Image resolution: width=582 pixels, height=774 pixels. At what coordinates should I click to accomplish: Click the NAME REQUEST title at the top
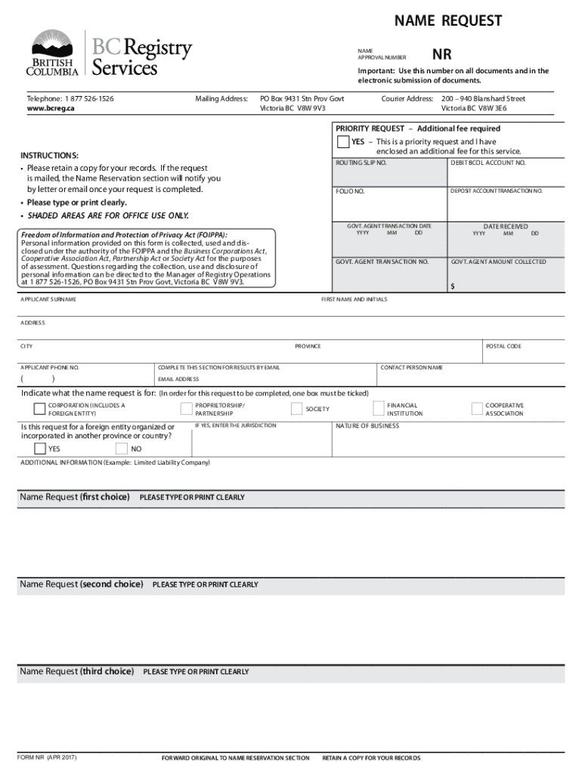click(x=447, y=21)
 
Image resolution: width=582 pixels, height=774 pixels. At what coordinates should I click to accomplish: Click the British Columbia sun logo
click(x=52, y=45)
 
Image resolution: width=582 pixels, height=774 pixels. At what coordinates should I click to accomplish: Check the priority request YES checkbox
click(x=342, y=142)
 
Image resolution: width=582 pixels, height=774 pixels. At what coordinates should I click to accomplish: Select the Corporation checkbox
click(x=39, y=409)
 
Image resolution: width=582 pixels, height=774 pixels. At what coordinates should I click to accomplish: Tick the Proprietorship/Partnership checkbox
click(x=186, y=409)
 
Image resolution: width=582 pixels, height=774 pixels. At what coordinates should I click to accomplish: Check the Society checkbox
click(x=297, y=409)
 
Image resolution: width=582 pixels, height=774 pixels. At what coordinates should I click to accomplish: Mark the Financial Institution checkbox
click(x=380, y=409)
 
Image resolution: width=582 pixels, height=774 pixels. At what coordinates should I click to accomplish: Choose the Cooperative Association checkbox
click(x=477, y=409)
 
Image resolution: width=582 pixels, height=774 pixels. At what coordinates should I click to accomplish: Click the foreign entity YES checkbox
click(x=40, y=449)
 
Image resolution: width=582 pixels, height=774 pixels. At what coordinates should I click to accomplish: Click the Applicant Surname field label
click(x=48, y=299)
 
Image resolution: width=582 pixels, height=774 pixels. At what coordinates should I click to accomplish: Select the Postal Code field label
click(x=503, y=346)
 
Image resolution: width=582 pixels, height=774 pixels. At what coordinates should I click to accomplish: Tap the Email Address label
click(x=178, y=379)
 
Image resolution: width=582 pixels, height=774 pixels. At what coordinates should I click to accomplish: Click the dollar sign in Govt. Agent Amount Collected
click(x=454, y=286)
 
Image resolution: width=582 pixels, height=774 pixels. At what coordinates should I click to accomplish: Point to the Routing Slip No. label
click(x=361, y=163)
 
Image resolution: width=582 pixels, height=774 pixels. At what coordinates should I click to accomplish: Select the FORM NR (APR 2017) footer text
click(x=47, y=757)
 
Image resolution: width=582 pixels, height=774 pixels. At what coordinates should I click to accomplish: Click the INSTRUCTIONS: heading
click(x=50, y=156)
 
